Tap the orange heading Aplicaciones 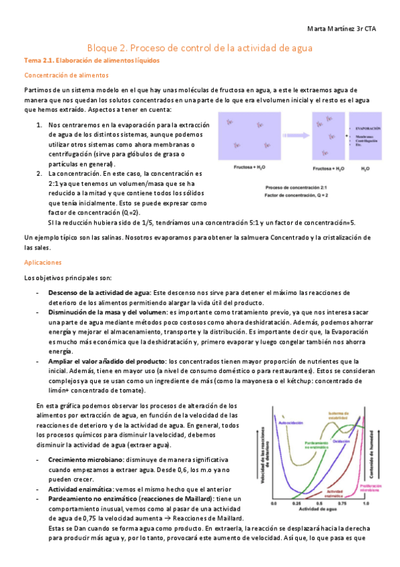42,263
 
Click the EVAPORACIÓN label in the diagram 368,128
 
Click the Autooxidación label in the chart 290,423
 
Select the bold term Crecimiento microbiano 85,460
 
